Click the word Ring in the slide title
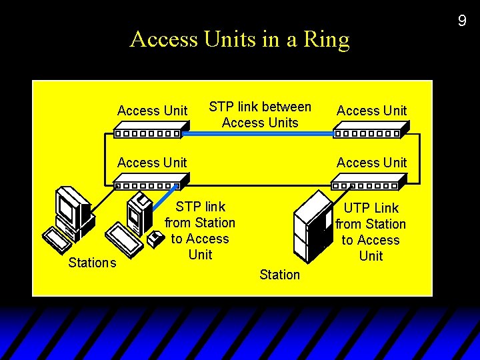[x=327, y=40]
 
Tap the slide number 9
[x=461, y=21]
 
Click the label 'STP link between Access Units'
[x=260, y=115]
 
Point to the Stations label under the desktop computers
[x=92, y=263]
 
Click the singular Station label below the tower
[x=279, y=275]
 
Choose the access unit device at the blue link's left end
[x=147, y=130]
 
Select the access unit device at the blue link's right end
[x=370, y=129]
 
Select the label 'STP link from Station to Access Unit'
[x=200, y=231]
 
